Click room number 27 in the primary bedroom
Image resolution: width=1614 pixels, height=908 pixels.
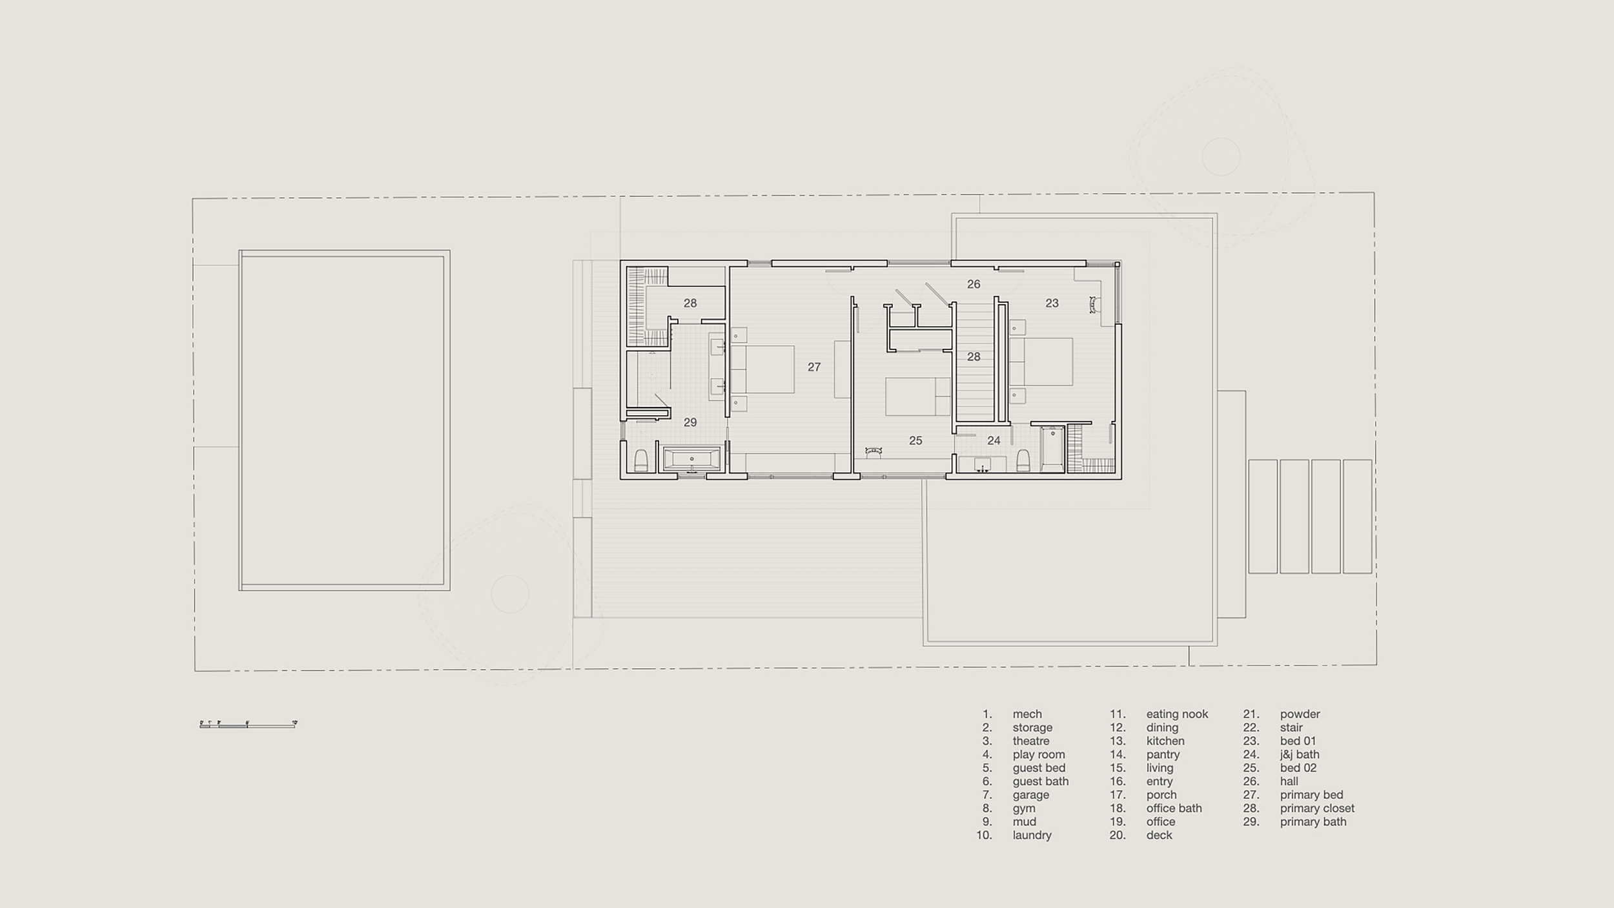813,367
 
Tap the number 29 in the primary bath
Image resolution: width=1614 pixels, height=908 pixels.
690,422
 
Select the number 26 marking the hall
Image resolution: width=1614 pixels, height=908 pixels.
973,284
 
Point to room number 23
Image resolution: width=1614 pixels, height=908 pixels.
1052,303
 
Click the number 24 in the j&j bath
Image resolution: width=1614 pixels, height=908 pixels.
994,440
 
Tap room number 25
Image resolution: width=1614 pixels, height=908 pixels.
915,440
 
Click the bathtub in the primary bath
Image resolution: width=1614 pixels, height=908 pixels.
691,459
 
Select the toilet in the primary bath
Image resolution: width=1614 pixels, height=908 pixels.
640,460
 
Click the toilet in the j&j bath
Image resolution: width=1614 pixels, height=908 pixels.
1023,460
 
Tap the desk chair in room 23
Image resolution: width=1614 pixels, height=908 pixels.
1094,305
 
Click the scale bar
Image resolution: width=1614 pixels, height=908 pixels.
248,725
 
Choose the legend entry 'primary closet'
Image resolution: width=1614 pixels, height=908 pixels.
1317,809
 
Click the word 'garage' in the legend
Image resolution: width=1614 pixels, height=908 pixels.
1030,795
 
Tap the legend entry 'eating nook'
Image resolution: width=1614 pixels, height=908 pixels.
1176,714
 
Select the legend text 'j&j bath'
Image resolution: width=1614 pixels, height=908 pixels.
1300,754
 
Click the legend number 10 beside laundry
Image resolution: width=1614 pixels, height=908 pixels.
984,836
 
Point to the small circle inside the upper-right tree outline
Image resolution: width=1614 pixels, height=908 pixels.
1220,156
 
